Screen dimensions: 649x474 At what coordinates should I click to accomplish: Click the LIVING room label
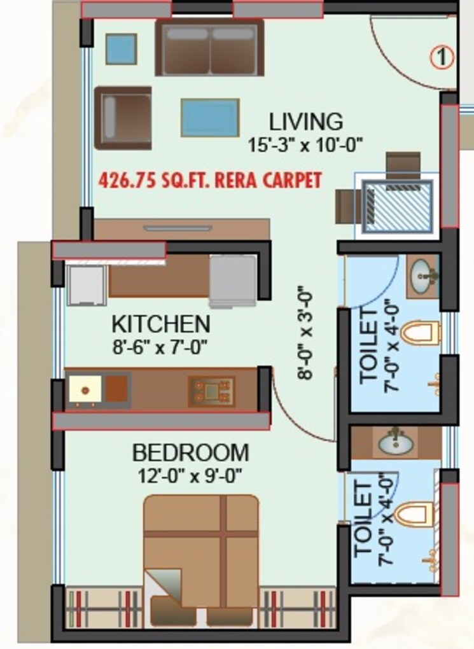click(x=305, y=121)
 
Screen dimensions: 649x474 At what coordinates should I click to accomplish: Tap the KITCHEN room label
click(x=160, y=324)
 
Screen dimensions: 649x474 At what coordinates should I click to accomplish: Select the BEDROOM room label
click(x=190, y=454)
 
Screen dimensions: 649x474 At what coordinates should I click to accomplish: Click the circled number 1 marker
click(x=442, y=58)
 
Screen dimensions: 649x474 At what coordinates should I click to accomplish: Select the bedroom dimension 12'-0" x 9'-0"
click(x=190, y=475)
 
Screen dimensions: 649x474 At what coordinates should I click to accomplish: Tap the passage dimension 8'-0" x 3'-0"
click(x=307, y=333)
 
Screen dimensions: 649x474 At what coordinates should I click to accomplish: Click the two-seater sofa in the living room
click(x=209, y=47)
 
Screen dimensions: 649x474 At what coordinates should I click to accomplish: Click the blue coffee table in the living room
click(x=209, y=118)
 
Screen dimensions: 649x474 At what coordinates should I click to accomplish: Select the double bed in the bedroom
click(x=201, y=547)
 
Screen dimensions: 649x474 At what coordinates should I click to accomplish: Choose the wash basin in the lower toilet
click(x=395, y=443)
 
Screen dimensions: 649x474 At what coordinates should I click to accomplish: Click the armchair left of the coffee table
click(x=123, y=118)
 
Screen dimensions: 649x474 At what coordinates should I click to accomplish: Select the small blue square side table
click(x=120, y=48)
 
